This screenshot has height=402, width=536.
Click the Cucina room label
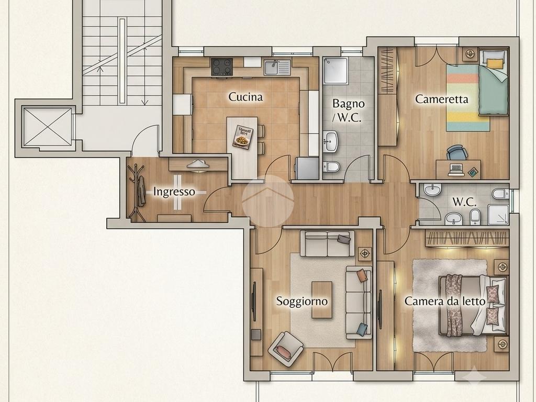coord(245,97)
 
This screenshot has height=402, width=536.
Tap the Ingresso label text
coord(174,192)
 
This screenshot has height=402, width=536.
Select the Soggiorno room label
coord(302,301)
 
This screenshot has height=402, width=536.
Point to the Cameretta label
coord(442,99)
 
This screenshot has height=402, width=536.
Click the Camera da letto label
coord(445,301)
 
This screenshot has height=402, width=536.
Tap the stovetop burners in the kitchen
coord(222,66)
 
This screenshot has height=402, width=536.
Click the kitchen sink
coord(277,68)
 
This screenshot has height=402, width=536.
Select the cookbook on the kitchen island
coord(243,137)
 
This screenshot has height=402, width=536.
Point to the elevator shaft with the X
coord(48,127)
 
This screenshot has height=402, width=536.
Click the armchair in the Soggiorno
coord(286,349)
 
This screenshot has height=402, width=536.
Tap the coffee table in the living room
coord(322,300)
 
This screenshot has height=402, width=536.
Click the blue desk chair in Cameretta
coord(456,152)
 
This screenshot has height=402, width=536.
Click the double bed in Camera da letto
coord(473,305)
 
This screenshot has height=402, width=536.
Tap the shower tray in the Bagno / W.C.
coord(336,71)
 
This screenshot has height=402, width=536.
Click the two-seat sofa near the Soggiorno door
coord(328,243)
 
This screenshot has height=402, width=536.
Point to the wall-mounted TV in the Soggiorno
coord(254,301)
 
